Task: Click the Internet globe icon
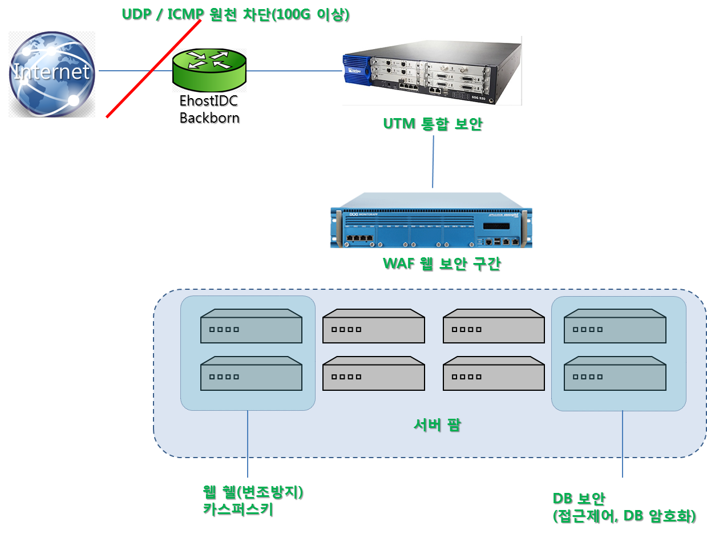(51, 74)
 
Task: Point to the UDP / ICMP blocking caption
(236, 14)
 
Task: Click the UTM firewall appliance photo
(432, 71)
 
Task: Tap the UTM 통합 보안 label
(433, 124)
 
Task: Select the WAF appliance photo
(432, 220)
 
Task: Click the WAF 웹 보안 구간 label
(441, 265)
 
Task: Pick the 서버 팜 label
(437, 425)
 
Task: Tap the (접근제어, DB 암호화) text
(625, 516)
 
